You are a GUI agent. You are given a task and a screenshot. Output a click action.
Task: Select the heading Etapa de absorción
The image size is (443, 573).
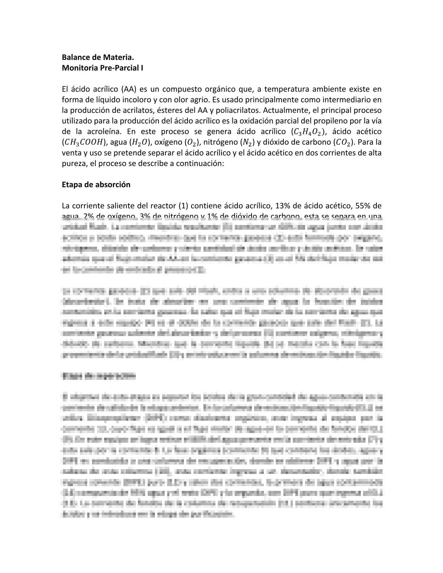96,184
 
